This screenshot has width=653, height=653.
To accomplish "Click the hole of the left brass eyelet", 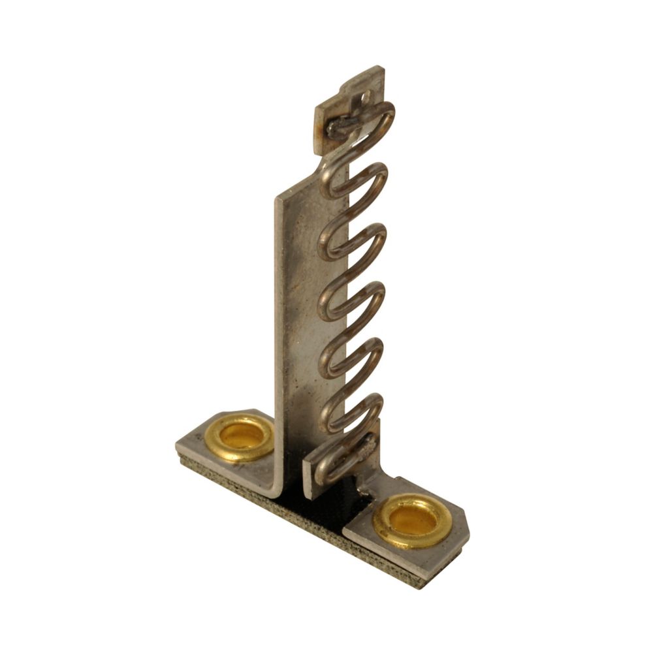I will point(242,434).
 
